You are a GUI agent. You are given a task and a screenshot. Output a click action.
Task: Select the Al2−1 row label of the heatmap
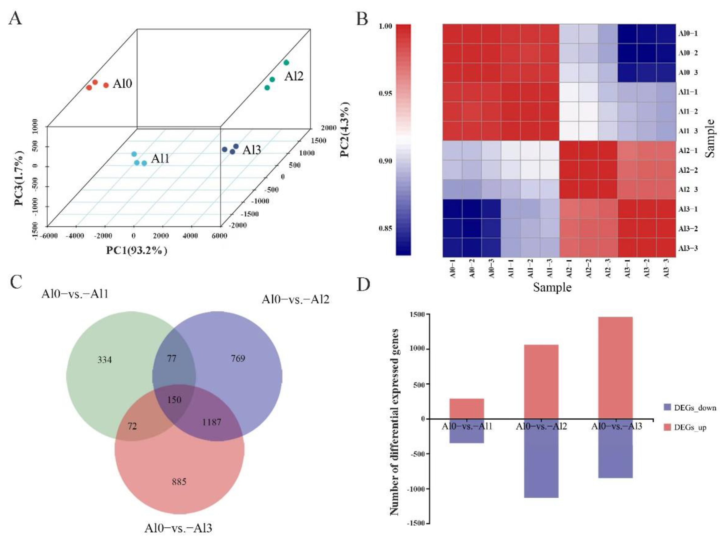point(688,151)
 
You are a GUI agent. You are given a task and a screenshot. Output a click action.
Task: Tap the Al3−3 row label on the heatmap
point(688,248)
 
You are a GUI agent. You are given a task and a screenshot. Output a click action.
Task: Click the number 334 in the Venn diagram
point(105,360)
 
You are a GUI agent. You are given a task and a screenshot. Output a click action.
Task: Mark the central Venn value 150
point(174,400)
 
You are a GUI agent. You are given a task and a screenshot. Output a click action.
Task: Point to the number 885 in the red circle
point(179,482)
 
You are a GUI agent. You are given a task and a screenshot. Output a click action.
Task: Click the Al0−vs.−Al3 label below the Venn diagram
point(178,527)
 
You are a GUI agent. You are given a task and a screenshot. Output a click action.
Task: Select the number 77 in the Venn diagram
point(172,359)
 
